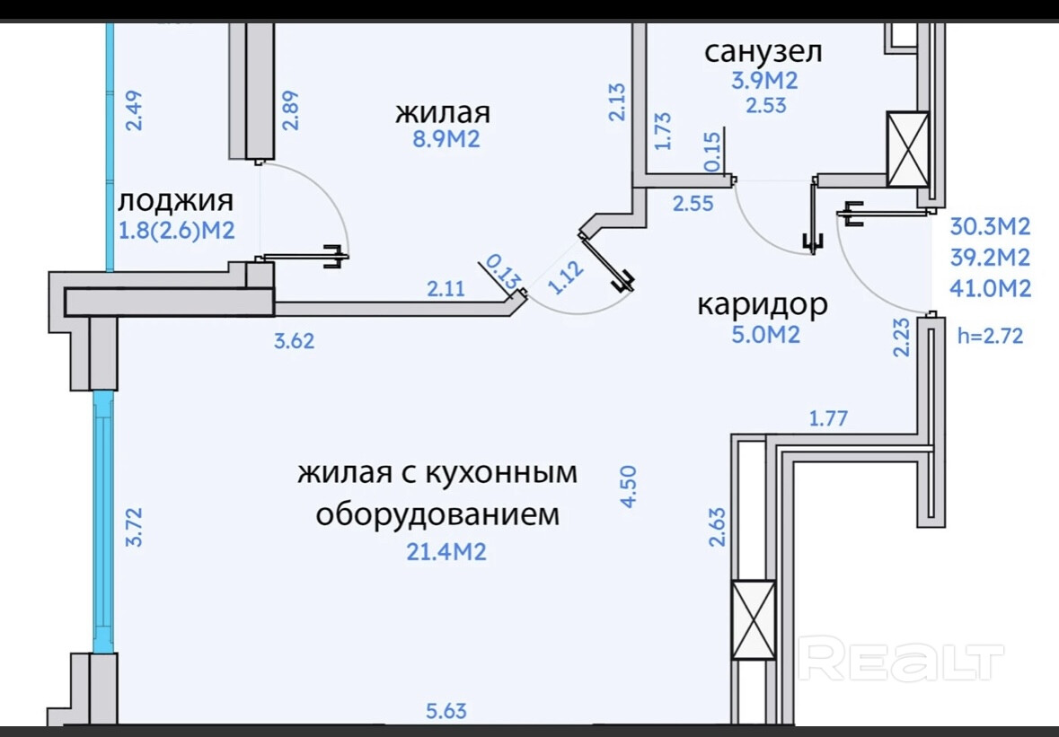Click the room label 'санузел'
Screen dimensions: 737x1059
point(763,51)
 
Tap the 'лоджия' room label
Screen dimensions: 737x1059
point(176,199)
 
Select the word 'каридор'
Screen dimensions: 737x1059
point(763,305)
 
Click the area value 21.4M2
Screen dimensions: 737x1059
point(446,551)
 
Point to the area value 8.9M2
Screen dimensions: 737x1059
point(443,140)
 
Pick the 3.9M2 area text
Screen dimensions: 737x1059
point(764,80)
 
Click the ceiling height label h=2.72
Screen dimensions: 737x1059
point(991,337)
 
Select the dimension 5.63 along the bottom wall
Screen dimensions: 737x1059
point(446,712)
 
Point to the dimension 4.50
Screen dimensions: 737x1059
point(629,487)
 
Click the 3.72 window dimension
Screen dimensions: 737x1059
point(134,528)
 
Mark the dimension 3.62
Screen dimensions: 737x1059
point(296,341)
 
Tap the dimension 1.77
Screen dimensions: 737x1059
point(828,417)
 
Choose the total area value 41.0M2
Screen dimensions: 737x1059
point(990,289)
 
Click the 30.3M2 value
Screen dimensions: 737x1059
point(990,225)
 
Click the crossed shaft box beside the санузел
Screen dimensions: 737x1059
point(907,148)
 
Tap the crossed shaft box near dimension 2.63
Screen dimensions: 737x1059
point(753,620)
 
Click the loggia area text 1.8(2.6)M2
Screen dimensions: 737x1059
point(177,231)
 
